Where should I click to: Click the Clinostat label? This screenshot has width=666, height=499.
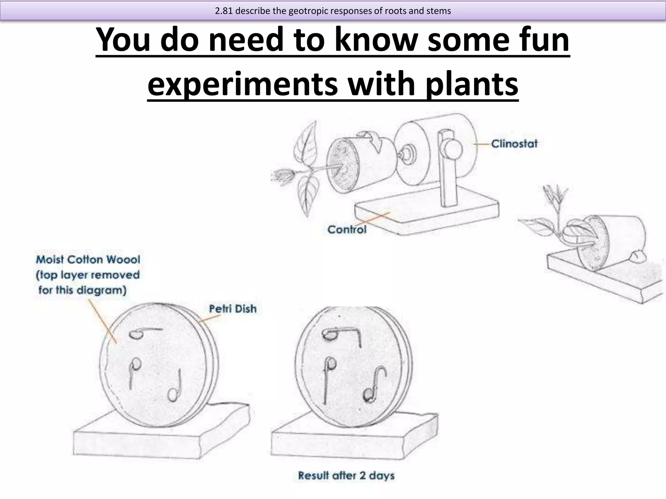[x=514, y=144]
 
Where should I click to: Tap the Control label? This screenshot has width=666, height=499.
[x=347, y=229]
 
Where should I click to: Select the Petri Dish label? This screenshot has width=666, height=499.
[x=233, y=309]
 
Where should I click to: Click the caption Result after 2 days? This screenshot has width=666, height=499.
[x=346, y=476]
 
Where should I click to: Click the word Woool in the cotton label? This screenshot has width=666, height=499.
[x=123, y=259]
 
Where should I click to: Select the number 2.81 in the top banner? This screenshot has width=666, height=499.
[x=224, y=11]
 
